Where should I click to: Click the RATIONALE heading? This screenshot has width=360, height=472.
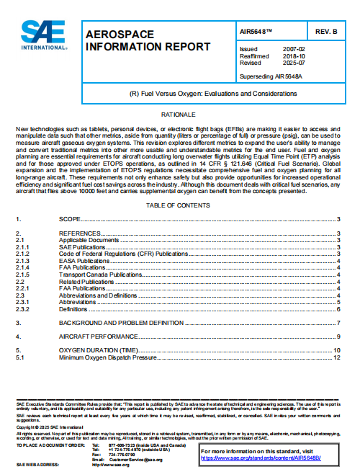pyautogui.click(x=179, y=115)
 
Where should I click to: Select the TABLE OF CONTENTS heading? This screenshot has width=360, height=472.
pyautogui.click(x=179, y=205)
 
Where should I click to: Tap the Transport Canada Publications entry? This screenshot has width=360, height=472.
pyautogui.click(x=99, y=275)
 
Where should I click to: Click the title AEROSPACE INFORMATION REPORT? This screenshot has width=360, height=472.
pyautogui.click(x=148, y=41)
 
